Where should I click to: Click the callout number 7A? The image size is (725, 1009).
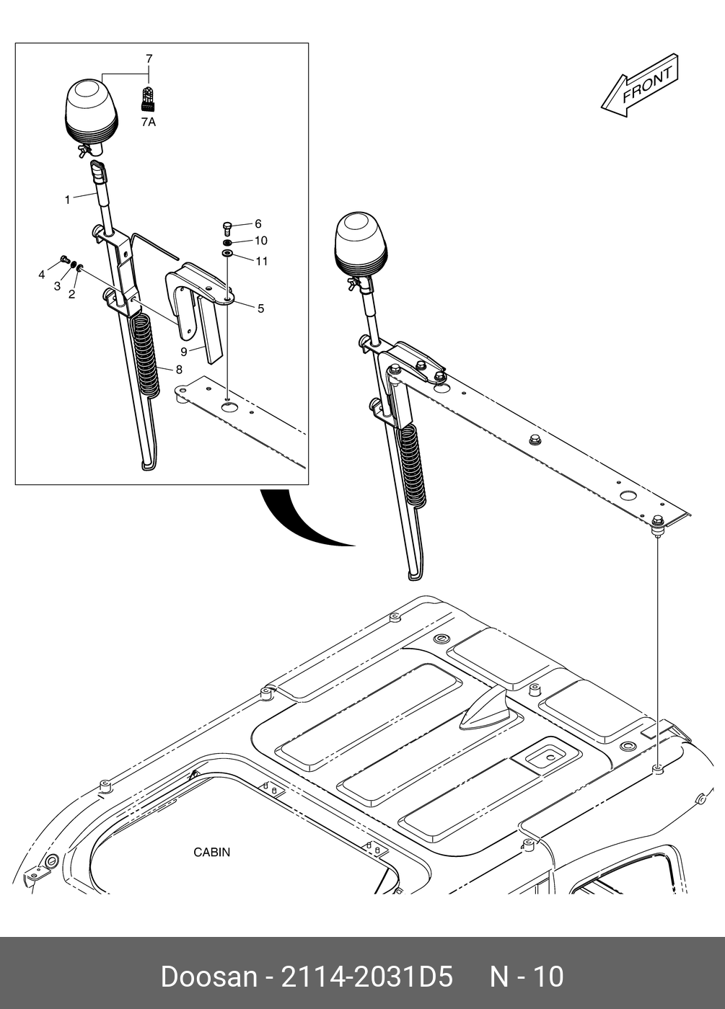pyautogui.click(x=148, y=123)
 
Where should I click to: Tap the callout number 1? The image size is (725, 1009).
pyautogui.click(x=68, y=200)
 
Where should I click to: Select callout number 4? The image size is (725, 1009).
pyautogui.click(x=42, y=275)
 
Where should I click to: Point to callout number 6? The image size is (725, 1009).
pyautogui.click(x=258, y=224)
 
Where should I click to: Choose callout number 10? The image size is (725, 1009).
pyautogui.click(x=260, y=241)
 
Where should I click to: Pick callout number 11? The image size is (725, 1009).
pyautogui.click(x=261, y=262)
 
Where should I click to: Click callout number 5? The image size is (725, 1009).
pyautogui.click(x=260, y=308)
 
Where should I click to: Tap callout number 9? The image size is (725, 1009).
pyautogui.click(x=184, y=352)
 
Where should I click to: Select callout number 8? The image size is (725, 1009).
pyautogui.click(x=178, y=369)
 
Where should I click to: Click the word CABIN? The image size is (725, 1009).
pyautogui.click(x=212, y=853)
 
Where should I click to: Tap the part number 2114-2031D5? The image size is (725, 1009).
pyautogui.click(x=366, y=977)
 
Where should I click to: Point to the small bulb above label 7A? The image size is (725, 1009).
pyautogui.click(x=147, y=98)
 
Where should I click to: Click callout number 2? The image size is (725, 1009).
pyautogui.click(x=71, y=294)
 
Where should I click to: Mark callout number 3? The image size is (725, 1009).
pyautogui.click(x=57, y=286)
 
